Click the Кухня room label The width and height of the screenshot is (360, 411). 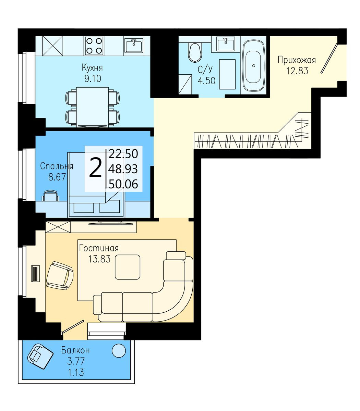point(92,68)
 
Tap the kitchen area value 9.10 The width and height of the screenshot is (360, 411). point(93,79)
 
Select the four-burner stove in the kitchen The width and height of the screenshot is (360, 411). point(94,46)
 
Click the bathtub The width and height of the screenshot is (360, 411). point(253,66)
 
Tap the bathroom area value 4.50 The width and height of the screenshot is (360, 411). point(206,80)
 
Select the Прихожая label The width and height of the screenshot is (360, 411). point(297,60)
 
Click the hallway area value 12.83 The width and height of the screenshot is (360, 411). point(297,71)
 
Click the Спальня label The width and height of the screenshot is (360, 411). point(57,166)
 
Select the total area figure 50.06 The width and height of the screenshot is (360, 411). point(123,184)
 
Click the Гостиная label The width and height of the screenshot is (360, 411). point(99,248)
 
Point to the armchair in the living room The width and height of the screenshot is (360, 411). point(60,275)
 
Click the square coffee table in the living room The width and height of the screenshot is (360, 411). point(128,267)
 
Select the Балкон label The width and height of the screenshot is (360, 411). point(75,350)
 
